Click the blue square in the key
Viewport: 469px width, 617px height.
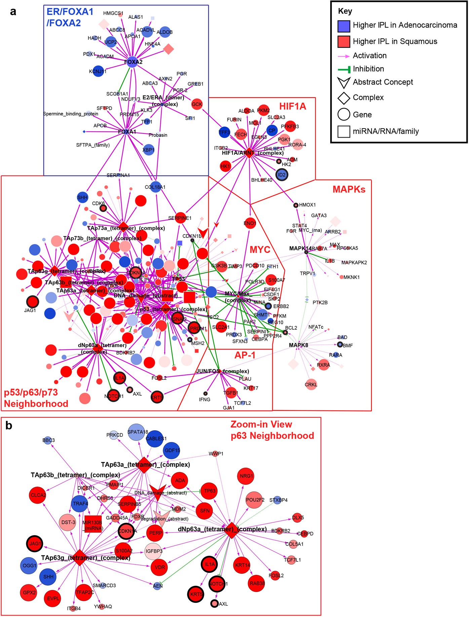click(344, 26)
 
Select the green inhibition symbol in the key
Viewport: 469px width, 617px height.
click(344, 69)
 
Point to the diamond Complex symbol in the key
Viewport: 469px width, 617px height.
click(344, 98)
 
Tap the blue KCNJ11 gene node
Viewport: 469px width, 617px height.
click(98, 71)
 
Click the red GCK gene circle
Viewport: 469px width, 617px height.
click(197, 104)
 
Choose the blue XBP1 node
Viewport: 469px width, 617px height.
click(148, 150)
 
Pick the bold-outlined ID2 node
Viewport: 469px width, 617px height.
click(282, 175)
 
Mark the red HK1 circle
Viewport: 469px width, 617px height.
click(225, 166)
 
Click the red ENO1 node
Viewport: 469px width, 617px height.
click(250, 223)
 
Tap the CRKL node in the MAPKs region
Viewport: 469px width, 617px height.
click(311, 384)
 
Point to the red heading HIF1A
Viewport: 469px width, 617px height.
click(292, 106)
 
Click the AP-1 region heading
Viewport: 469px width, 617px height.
click(245, 355)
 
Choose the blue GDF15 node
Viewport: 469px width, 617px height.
click(172, 450)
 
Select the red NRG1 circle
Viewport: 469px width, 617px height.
click(246, 476)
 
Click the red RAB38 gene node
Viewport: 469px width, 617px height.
click(257, 583)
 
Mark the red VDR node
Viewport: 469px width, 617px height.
click(160, 567)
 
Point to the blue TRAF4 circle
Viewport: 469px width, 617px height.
click(80, 504)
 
